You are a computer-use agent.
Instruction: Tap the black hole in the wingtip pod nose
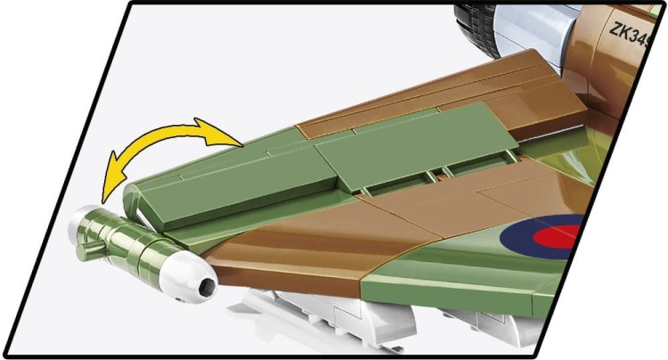208,286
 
